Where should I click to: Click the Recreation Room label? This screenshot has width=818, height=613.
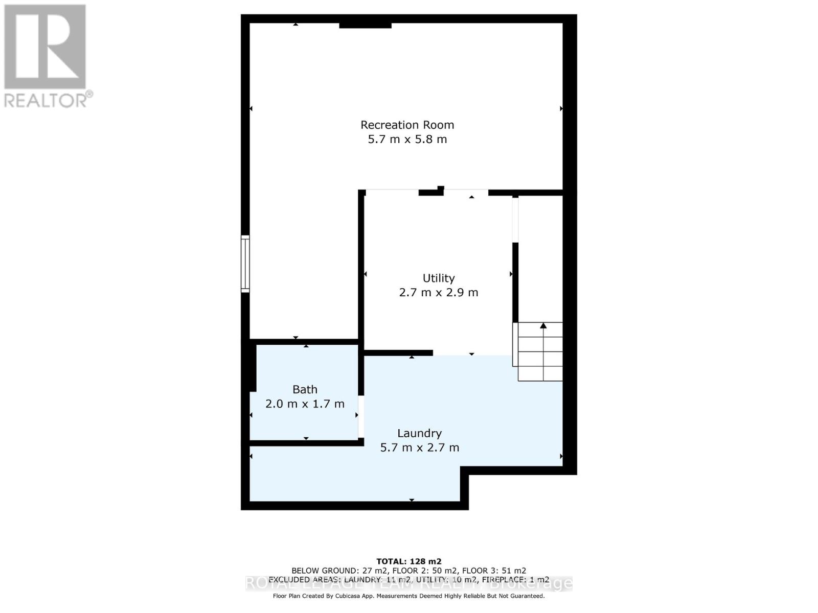(x=407, y=125)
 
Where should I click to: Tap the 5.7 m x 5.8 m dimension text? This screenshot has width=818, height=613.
(x=407, y=139)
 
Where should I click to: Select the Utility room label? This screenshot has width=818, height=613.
(x=438, y=278)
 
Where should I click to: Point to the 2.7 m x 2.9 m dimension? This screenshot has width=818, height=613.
(x=438, y=293)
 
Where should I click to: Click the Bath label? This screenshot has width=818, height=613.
(x=305, y=389)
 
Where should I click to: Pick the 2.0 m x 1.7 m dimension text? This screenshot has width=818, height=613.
(x=305, y=404)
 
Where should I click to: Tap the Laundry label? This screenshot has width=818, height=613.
(x=419, y=433)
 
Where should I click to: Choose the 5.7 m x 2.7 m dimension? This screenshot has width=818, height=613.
(x=419, y=448)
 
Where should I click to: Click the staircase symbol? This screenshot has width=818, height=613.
(x=540, y=351)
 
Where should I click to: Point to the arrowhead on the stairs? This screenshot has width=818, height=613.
(x=543, y=325)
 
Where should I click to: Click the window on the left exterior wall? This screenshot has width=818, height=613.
(x=245, y=264)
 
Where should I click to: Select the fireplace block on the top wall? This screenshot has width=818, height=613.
(x=365, y=25)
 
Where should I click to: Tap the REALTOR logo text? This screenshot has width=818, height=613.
(x=48, y=100)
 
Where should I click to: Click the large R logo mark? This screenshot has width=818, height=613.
(x=45, y=46)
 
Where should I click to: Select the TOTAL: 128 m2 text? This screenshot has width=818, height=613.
(x=408, y=561)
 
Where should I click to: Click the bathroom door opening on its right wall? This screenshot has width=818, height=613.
(x=361, y=416)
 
